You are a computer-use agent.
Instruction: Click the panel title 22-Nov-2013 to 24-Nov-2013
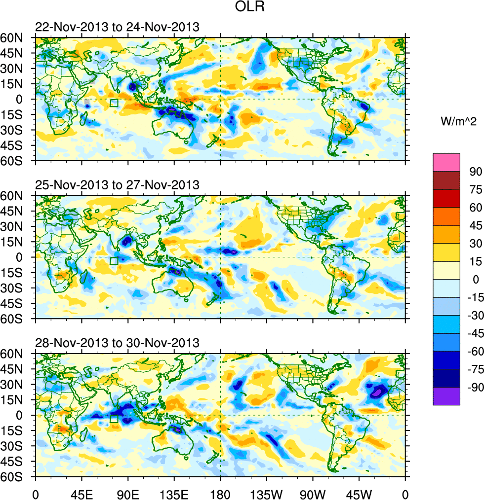pos(117,27)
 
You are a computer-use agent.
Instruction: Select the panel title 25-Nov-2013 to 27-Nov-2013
pos(117,185)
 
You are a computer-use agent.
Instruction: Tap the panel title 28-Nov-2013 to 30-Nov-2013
pos(117,343)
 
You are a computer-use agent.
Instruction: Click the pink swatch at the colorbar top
pos(446,162)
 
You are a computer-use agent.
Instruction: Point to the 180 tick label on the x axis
pos(220,493)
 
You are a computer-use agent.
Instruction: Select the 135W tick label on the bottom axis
pos(267,493)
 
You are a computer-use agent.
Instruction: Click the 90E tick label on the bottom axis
pos(128,493)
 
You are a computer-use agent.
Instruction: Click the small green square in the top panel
pos(114,103)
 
